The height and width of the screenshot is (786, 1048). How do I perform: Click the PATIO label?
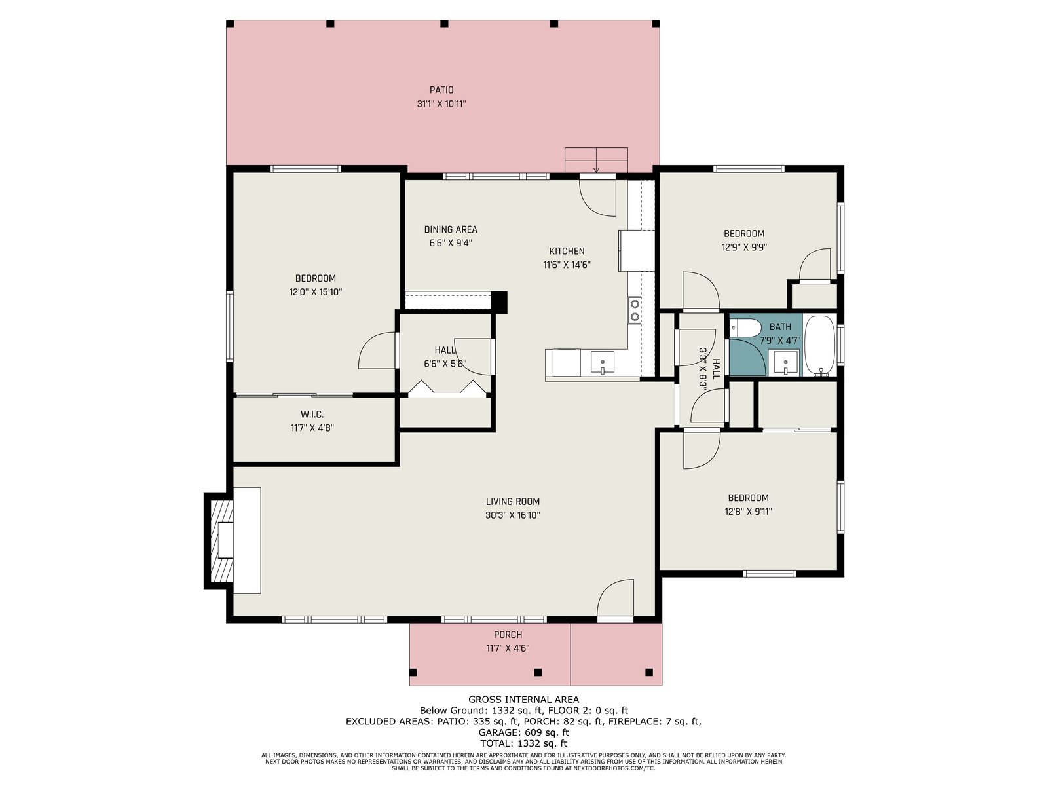441,90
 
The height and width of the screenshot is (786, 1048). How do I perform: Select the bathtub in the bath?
819,346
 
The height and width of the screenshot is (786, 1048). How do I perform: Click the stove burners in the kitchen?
635,310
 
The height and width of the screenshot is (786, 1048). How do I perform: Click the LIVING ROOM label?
512,502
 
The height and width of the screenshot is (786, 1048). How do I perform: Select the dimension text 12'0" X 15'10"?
316,292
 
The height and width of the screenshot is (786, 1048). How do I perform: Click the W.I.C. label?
312,414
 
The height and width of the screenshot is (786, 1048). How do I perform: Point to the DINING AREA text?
450,229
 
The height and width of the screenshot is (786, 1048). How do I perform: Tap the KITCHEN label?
567,251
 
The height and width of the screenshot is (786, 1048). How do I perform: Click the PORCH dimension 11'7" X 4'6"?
508,648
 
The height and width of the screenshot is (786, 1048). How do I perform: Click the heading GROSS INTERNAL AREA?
523,700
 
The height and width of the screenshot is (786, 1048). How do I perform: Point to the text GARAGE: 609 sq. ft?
523,732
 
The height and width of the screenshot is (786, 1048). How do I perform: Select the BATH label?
780,327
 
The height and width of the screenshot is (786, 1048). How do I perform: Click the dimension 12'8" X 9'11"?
748,512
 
